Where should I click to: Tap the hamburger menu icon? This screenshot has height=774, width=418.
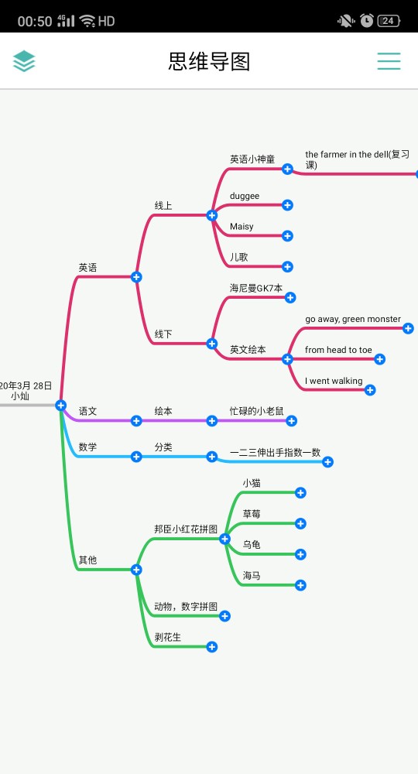point(389,61)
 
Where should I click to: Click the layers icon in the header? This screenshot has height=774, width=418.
point(24,61)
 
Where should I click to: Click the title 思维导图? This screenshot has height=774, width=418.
point(209,62)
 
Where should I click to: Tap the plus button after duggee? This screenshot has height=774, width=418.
point(288,205)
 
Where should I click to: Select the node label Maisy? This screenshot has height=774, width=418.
point(242,227)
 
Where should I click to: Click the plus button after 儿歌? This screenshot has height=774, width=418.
point(288,266)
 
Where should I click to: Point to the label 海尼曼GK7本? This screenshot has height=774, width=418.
point(256,288)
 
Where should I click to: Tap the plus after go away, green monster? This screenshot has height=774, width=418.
point(408,328)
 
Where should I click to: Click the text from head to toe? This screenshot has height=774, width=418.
point(338,350)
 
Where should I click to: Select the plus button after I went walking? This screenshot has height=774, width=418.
point(370,390)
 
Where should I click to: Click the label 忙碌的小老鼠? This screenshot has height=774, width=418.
point(257,411)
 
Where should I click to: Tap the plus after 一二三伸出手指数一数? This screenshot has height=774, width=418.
point(327,462)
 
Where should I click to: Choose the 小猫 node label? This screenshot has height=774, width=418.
point(252,483)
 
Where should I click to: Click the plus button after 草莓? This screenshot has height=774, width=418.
point(300,523)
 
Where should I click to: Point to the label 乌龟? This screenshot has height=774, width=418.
point(252,544)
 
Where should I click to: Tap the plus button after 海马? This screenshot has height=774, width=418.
point(300,585)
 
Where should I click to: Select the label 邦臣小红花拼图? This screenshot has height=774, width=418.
point(186,529)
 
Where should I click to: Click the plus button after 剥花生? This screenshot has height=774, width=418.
point(212,646)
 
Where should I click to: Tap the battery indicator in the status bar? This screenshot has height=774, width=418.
point(389,21)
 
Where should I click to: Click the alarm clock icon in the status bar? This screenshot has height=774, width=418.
point(367,20)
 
